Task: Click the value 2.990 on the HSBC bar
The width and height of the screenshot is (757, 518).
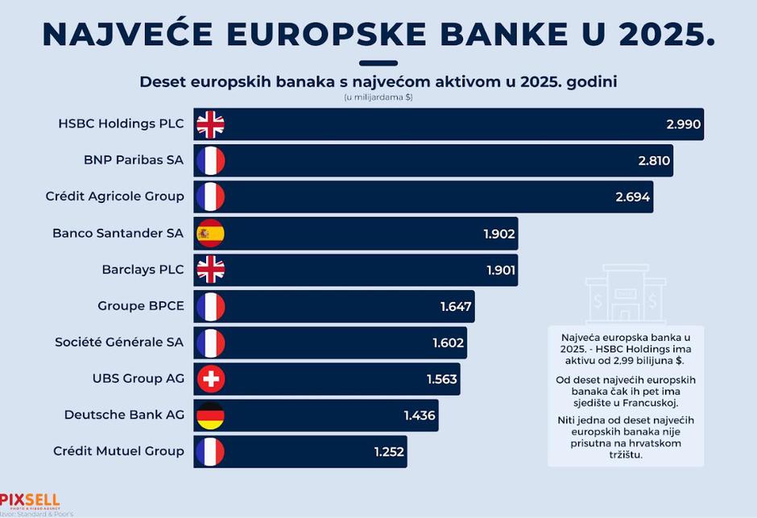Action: coord(684,125)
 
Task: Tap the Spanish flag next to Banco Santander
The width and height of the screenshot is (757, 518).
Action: coord(210,234)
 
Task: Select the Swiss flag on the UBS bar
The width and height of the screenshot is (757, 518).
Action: coord(210,379)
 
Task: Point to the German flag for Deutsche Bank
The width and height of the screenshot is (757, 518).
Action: coord(210,415)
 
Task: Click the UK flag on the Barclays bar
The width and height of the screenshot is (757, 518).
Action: coord(210,270)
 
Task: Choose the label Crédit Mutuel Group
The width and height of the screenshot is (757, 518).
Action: coord(118,451)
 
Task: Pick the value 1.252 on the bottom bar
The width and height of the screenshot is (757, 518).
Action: coord(389,452)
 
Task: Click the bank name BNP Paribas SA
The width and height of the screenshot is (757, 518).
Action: coord(134,160)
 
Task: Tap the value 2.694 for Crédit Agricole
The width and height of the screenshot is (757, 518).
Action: coord(633,197)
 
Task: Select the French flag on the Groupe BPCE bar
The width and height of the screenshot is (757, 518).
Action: coord(210,306)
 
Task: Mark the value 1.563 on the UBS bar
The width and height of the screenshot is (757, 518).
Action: coord(441,379)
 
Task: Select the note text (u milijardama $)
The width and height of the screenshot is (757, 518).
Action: coord(378,97)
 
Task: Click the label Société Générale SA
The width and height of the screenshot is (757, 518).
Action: coord(119,342)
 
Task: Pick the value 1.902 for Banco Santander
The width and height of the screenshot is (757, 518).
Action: coord(499,234)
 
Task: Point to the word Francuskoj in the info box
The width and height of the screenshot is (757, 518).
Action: coord(650,402)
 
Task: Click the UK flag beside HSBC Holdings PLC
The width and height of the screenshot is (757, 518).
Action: coord(210,125)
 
